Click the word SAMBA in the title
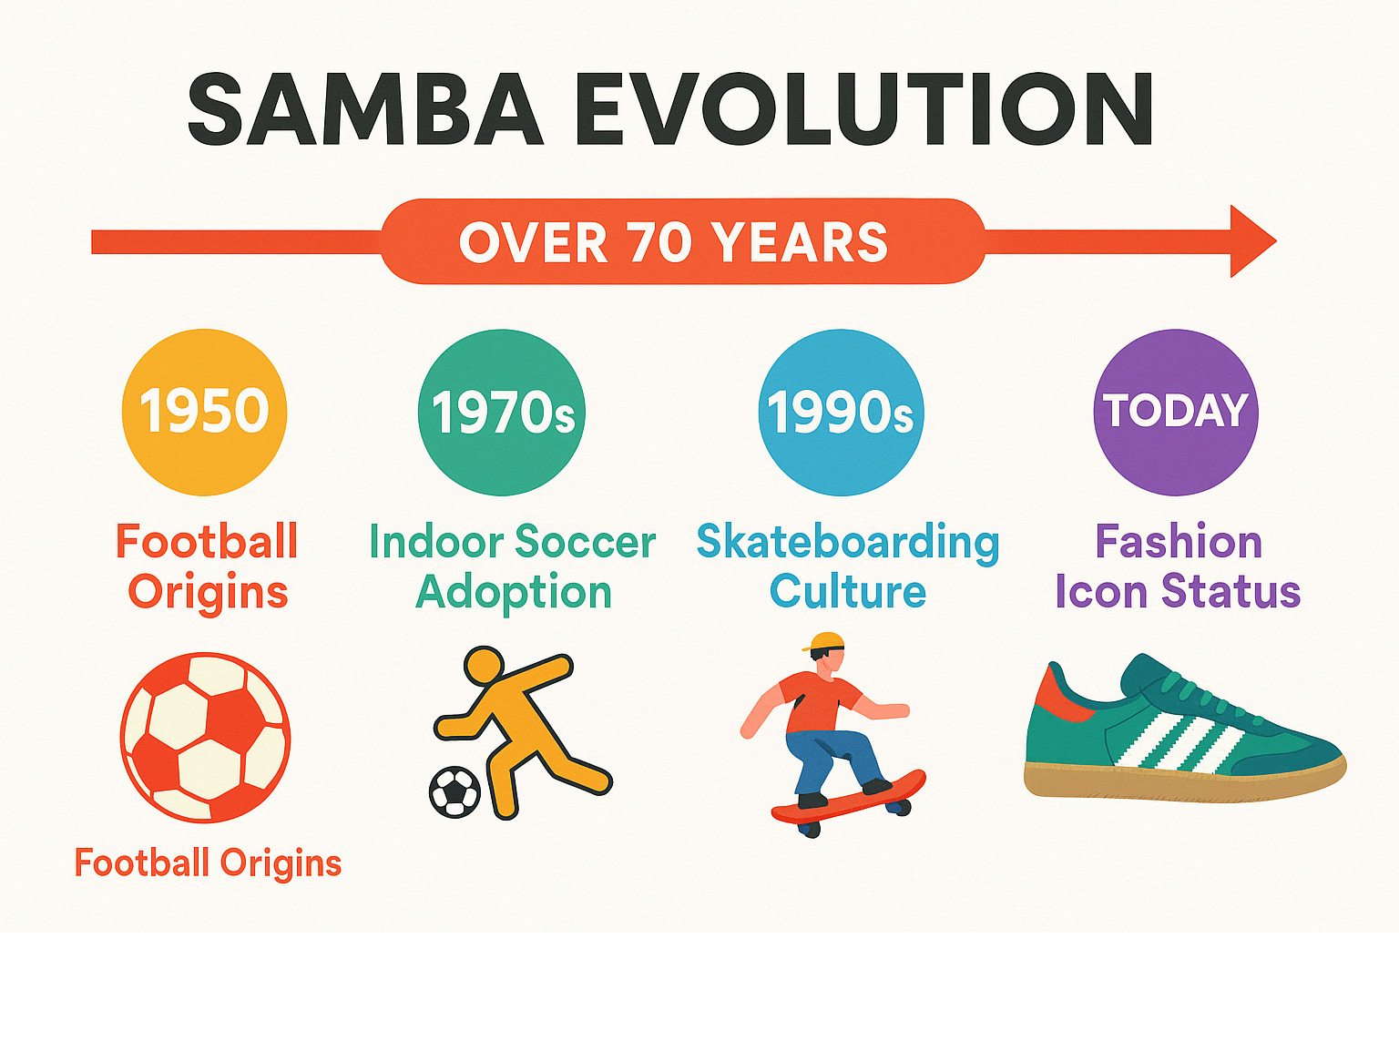[x=365, y=109]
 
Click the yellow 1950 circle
[x=204, y=413]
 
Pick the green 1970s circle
[x=502, y=413]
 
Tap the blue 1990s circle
[x=841, y=413]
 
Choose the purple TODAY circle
[x=1176, y=413]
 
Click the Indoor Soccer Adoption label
[x=513, y=567]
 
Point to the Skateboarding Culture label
[x=848, y=566]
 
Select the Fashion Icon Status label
[x=1178, y=566]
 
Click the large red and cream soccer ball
[x=205, y=738]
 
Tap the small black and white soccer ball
[x=454, y=792]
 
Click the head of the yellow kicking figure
[x=484, y=667]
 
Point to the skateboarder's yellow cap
[x=824, y=641]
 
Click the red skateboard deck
[x=849, y=799]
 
